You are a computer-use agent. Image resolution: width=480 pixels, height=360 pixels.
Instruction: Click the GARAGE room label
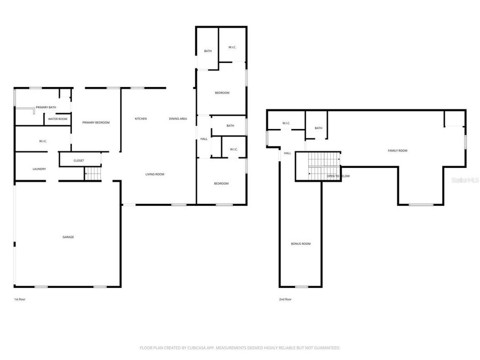pos(68,237)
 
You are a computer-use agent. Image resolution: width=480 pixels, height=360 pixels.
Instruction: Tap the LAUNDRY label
pos(39,169)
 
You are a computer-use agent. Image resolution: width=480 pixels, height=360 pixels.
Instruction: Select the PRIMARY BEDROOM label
pos(96,123)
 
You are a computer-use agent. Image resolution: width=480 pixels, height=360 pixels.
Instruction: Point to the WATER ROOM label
pos(58,119)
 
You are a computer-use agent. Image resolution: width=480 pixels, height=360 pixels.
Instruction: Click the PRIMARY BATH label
pos(46,107)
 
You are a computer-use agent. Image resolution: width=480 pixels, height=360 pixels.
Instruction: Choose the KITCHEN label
pos(141,118)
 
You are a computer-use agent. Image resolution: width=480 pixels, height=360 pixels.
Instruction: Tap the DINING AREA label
pos(178,118)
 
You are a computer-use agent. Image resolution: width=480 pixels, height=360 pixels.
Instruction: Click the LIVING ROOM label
pos(155,174)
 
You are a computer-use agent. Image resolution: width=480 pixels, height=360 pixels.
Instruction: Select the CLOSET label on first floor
pos(79,159)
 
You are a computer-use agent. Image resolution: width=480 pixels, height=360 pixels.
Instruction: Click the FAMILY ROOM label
pos(397,151)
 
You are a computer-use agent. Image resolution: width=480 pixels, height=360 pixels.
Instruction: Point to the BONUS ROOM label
pos(301,244)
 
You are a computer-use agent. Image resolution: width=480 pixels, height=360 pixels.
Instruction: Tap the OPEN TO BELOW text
pos(338,175)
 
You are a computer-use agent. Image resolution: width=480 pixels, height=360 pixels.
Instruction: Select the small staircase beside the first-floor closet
pos(93,174)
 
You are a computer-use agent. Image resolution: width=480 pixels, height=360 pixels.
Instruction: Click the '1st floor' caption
pos(20,299)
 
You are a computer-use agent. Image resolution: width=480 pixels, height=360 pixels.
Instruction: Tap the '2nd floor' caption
pos(285,299)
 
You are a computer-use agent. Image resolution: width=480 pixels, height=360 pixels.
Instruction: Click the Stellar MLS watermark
pos(465,180)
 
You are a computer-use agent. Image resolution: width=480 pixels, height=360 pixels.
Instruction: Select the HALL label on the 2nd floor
pos(287,153)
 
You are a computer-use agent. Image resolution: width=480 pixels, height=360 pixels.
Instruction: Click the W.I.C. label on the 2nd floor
pos(286,124)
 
